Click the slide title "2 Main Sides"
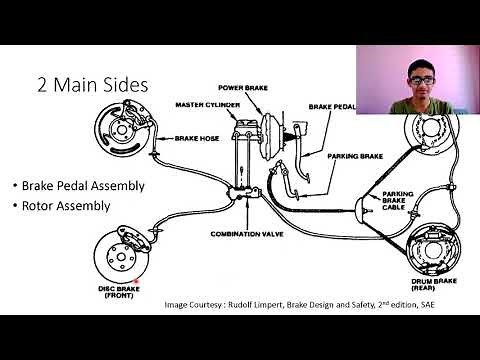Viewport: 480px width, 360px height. point(92,84)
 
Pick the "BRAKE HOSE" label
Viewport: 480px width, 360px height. point(196,138)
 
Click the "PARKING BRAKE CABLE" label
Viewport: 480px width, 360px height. point(398,199)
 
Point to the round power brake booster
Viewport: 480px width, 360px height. point(266,125)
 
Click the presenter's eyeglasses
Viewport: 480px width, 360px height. point(421,75)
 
